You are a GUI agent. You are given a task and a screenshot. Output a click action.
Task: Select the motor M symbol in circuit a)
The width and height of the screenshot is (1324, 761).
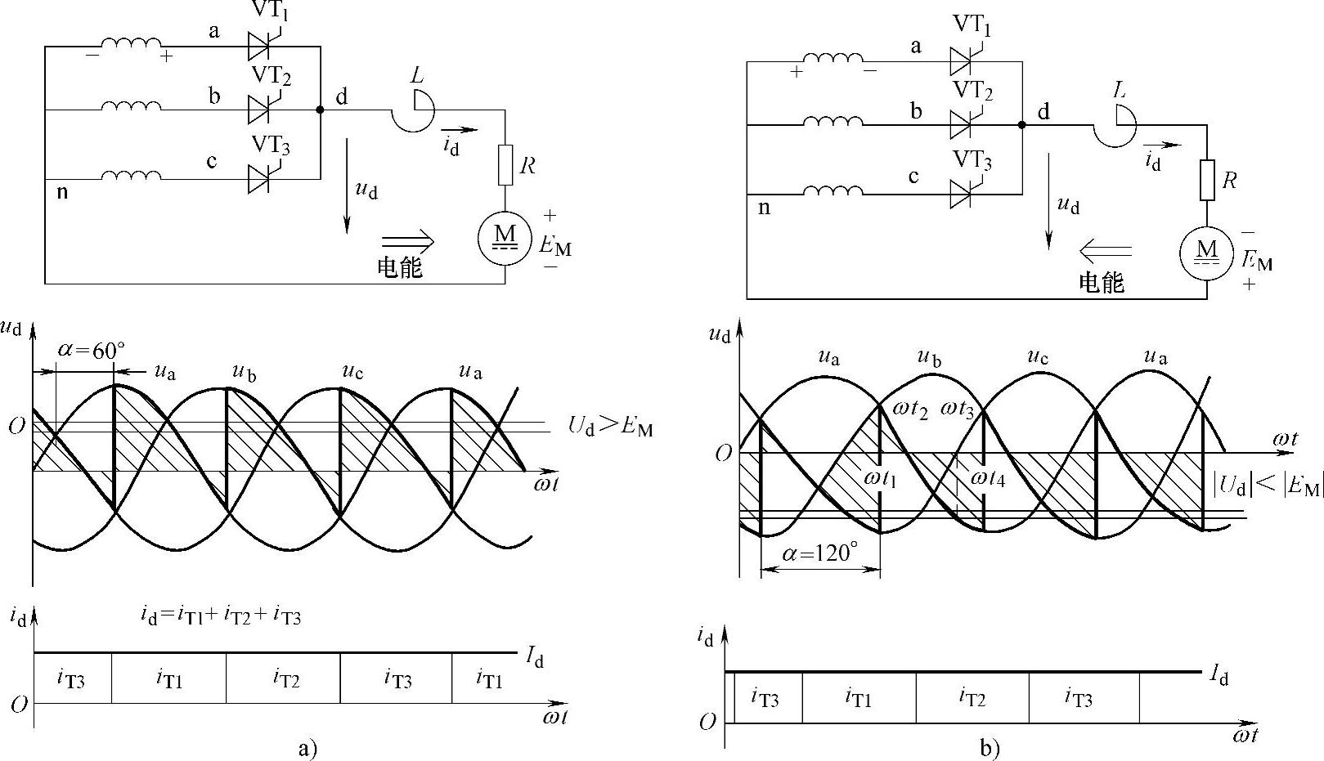pyautogui.click(x=505, y=236)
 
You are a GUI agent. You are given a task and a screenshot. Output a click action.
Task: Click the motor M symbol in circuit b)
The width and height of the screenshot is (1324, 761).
pyautogui.click(x=1207, y=252)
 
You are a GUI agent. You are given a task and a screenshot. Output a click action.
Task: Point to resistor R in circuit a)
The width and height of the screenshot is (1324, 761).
pyautogui.click(x=505, y=164)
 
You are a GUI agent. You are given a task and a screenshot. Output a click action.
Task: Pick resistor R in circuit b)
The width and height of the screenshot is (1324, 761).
pyautogui.click(x=1207, y=180)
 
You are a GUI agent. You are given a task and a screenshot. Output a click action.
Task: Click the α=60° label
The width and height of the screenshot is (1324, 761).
pyautogui.click(x=92, y=351)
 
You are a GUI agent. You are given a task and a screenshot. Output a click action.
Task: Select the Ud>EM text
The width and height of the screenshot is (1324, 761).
pyautogui.click(x=610, y=426)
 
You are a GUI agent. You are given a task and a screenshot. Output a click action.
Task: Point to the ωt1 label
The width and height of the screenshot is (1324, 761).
pyautogui.click(x=879, y=478)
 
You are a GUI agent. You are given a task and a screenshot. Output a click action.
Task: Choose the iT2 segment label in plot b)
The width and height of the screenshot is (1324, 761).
pyautogui.click(x=972, y=697)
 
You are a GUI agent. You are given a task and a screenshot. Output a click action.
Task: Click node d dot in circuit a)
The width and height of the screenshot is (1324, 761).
pyautogui.click(x=320, y=110)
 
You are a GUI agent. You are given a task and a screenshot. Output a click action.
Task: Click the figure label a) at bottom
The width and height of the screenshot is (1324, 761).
pyautogui.click(x=307, y=748)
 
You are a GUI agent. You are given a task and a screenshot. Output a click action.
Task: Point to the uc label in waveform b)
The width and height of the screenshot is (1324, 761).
pyautogui.click(x=1038, y=357)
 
